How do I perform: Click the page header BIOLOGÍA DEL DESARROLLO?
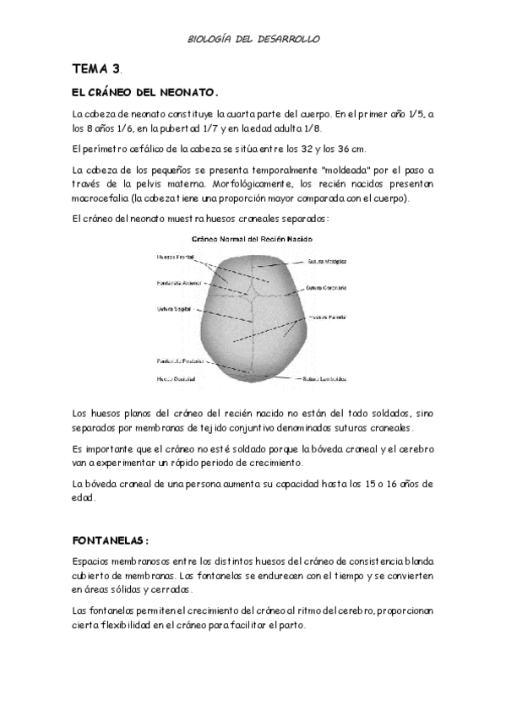pyautogui.click(x=253, y=39)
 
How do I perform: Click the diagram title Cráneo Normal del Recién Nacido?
pyautogui.click(x=252, y=240)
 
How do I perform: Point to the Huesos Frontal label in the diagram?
pyautogui.click(x=175, y=257)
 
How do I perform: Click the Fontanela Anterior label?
pyautogui.click(x=178, y=282)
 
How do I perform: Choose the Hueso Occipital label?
pyautogui.click(x=176, y=378)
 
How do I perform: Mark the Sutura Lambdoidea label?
pyautogui.click(x=325, y=378)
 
